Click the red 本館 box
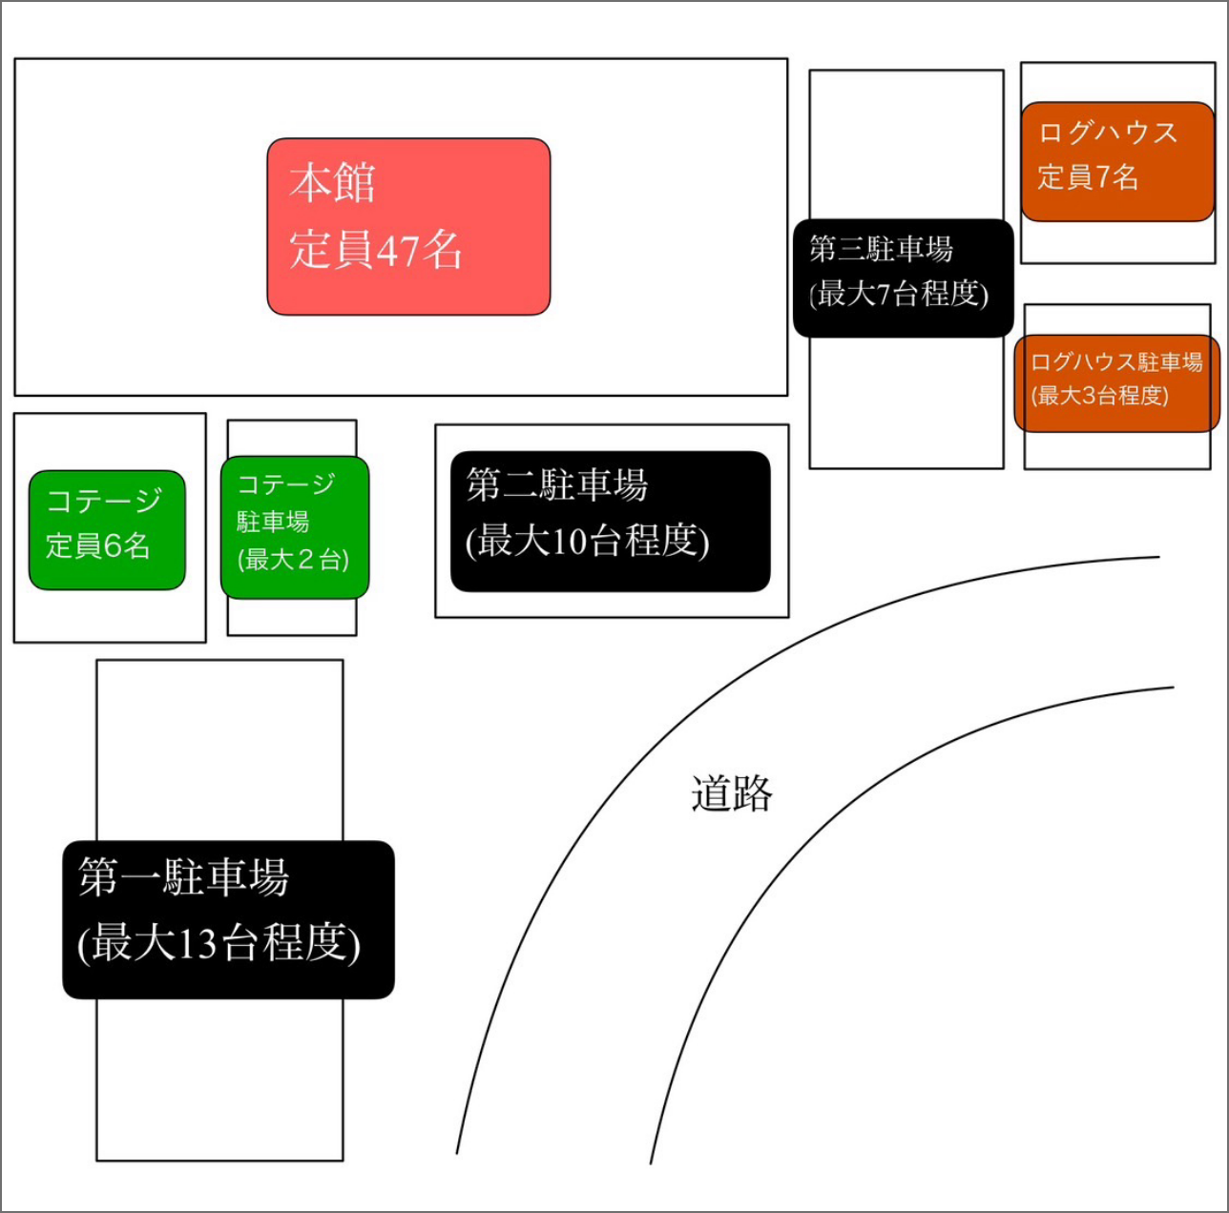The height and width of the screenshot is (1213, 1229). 408,226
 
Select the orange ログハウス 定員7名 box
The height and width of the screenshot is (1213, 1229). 1116,161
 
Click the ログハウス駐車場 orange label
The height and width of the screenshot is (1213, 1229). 1116,382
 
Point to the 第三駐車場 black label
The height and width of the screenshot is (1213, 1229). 903,278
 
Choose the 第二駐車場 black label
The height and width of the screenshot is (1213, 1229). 610,521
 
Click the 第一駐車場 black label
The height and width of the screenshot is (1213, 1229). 228,919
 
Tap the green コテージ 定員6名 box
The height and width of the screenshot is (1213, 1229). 107,529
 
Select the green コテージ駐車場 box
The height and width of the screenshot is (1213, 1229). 294,527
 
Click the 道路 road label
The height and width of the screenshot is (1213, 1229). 731,793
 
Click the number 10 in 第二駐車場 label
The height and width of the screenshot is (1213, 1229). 567,542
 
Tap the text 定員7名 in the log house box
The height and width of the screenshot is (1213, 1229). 1088,177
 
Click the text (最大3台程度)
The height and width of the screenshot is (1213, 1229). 1099,395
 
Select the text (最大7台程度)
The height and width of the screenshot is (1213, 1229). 899,294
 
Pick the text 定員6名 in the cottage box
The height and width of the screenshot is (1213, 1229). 98,545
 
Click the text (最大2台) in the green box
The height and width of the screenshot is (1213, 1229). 293,559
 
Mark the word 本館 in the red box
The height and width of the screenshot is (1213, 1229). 332,183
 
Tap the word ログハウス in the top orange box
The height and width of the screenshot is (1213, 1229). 1108,133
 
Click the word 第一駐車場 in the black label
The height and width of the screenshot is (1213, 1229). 183,877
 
